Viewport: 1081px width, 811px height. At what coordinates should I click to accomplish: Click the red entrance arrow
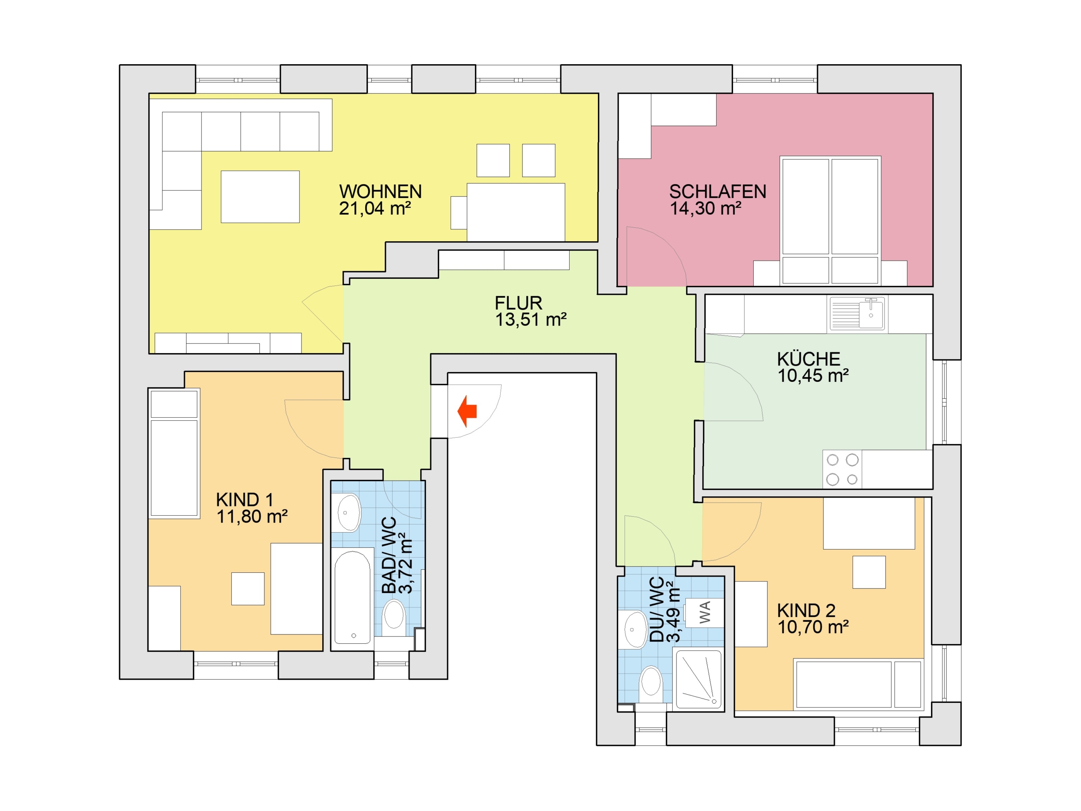point(467,411)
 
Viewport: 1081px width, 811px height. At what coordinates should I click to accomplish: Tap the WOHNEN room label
point(380,191)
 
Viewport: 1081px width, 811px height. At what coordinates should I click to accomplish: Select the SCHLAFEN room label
point(717,191)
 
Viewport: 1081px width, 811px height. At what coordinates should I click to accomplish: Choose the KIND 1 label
point(244,500)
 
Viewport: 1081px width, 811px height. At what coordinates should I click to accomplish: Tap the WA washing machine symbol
point(704,612)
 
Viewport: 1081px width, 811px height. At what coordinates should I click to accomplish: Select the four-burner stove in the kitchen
point(842,469)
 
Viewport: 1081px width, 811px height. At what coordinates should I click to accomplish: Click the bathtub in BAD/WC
point(352,597)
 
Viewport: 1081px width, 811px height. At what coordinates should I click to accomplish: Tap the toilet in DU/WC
point(651,684)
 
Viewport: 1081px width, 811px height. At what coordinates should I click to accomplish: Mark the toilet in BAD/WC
point(394,618)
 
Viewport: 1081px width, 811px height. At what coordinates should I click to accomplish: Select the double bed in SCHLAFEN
point(830,220)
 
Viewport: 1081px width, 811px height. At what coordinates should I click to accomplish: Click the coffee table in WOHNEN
point(260,196)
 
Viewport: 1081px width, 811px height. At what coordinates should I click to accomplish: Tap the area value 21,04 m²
point(375,209)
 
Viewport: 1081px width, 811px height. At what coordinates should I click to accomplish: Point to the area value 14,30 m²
point(705,209)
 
